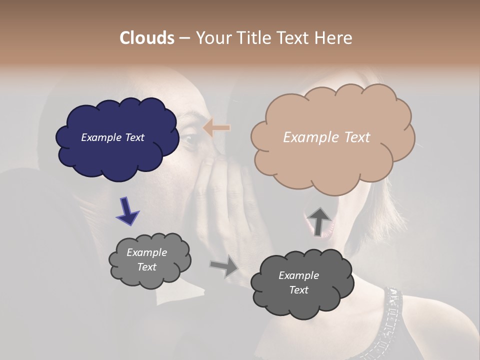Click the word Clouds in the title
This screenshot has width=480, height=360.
[x=147, y=38]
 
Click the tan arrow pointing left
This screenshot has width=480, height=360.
[x=216, y=128]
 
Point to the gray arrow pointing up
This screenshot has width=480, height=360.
[x=319, y=220]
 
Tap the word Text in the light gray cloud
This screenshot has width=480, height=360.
[x=147, y=267]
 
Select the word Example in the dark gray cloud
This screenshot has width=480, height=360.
[x=298, y=275]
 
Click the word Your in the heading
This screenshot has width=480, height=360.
[x=212, y=38]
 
